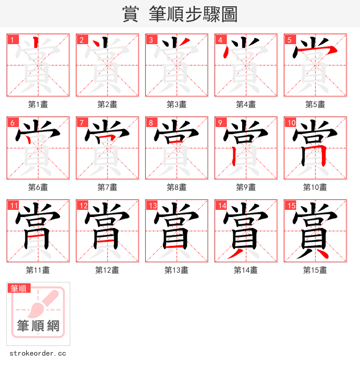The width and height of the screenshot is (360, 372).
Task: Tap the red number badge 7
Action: pyautogui.click(x=81, y=122)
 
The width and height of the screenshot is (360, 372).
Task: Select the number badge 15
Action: pyautogui.click(x=290, y=206)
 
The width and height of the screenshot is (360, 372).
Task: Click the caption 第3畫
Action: pyautogui.click(x=176, y=104)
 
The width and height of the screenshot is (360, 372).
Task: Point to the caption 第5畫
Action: pyautogui.click(x=315, y=104)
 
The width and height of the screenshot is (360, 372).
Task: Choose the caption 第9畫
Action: pyautogui.click(x=246, y=187)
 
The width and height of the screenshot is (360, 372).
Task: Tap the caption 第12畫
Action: pyautogui.click(x=107, y=270)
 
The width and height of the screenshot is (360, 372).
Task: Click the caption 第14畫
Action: pyautogui.click(x=246, y=270)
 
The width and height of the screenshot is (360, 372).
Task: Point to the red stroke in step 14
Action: pyautogui.click(x=234, y=254)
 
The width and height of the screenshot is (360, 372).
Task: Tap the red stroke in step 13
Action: pyautogui.click(x=174, y=247)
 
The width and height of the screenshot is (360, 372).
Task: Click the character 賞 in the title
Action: pyautogui.click(x=130, y=14)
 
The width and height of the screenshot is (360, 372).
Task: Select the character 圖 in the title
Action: pyautogui.click(x=229, y=14)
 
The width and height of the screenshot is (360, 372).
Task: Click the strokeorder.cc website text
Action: pyautogui.click(x=38, y=354)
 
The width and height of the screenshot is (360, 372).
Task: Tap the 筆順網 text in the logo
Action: pyautogui.click(x=38, y=325)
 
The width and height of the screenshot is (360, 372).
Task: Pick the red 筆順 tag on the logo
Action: pyautogui.click(x=19, y=288)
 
